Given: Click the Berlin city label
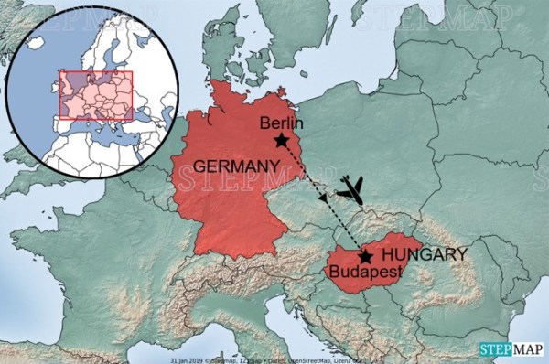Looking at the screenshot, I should [281, 123].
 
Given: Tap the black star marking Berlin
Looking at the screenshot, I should [281, 141].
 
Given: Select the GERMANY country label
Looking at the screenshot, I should [236, 166].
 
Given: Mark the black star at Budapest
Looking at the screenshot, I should [365, 257].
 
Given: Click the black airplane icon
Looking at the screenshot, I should [350, 190].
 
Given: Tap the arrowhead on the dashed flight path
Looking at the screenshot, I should [322, 198].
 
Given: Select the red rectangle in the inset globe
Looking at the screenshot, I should [96, 95].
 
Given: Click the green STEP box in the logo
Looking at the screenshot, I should [497, 348].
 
